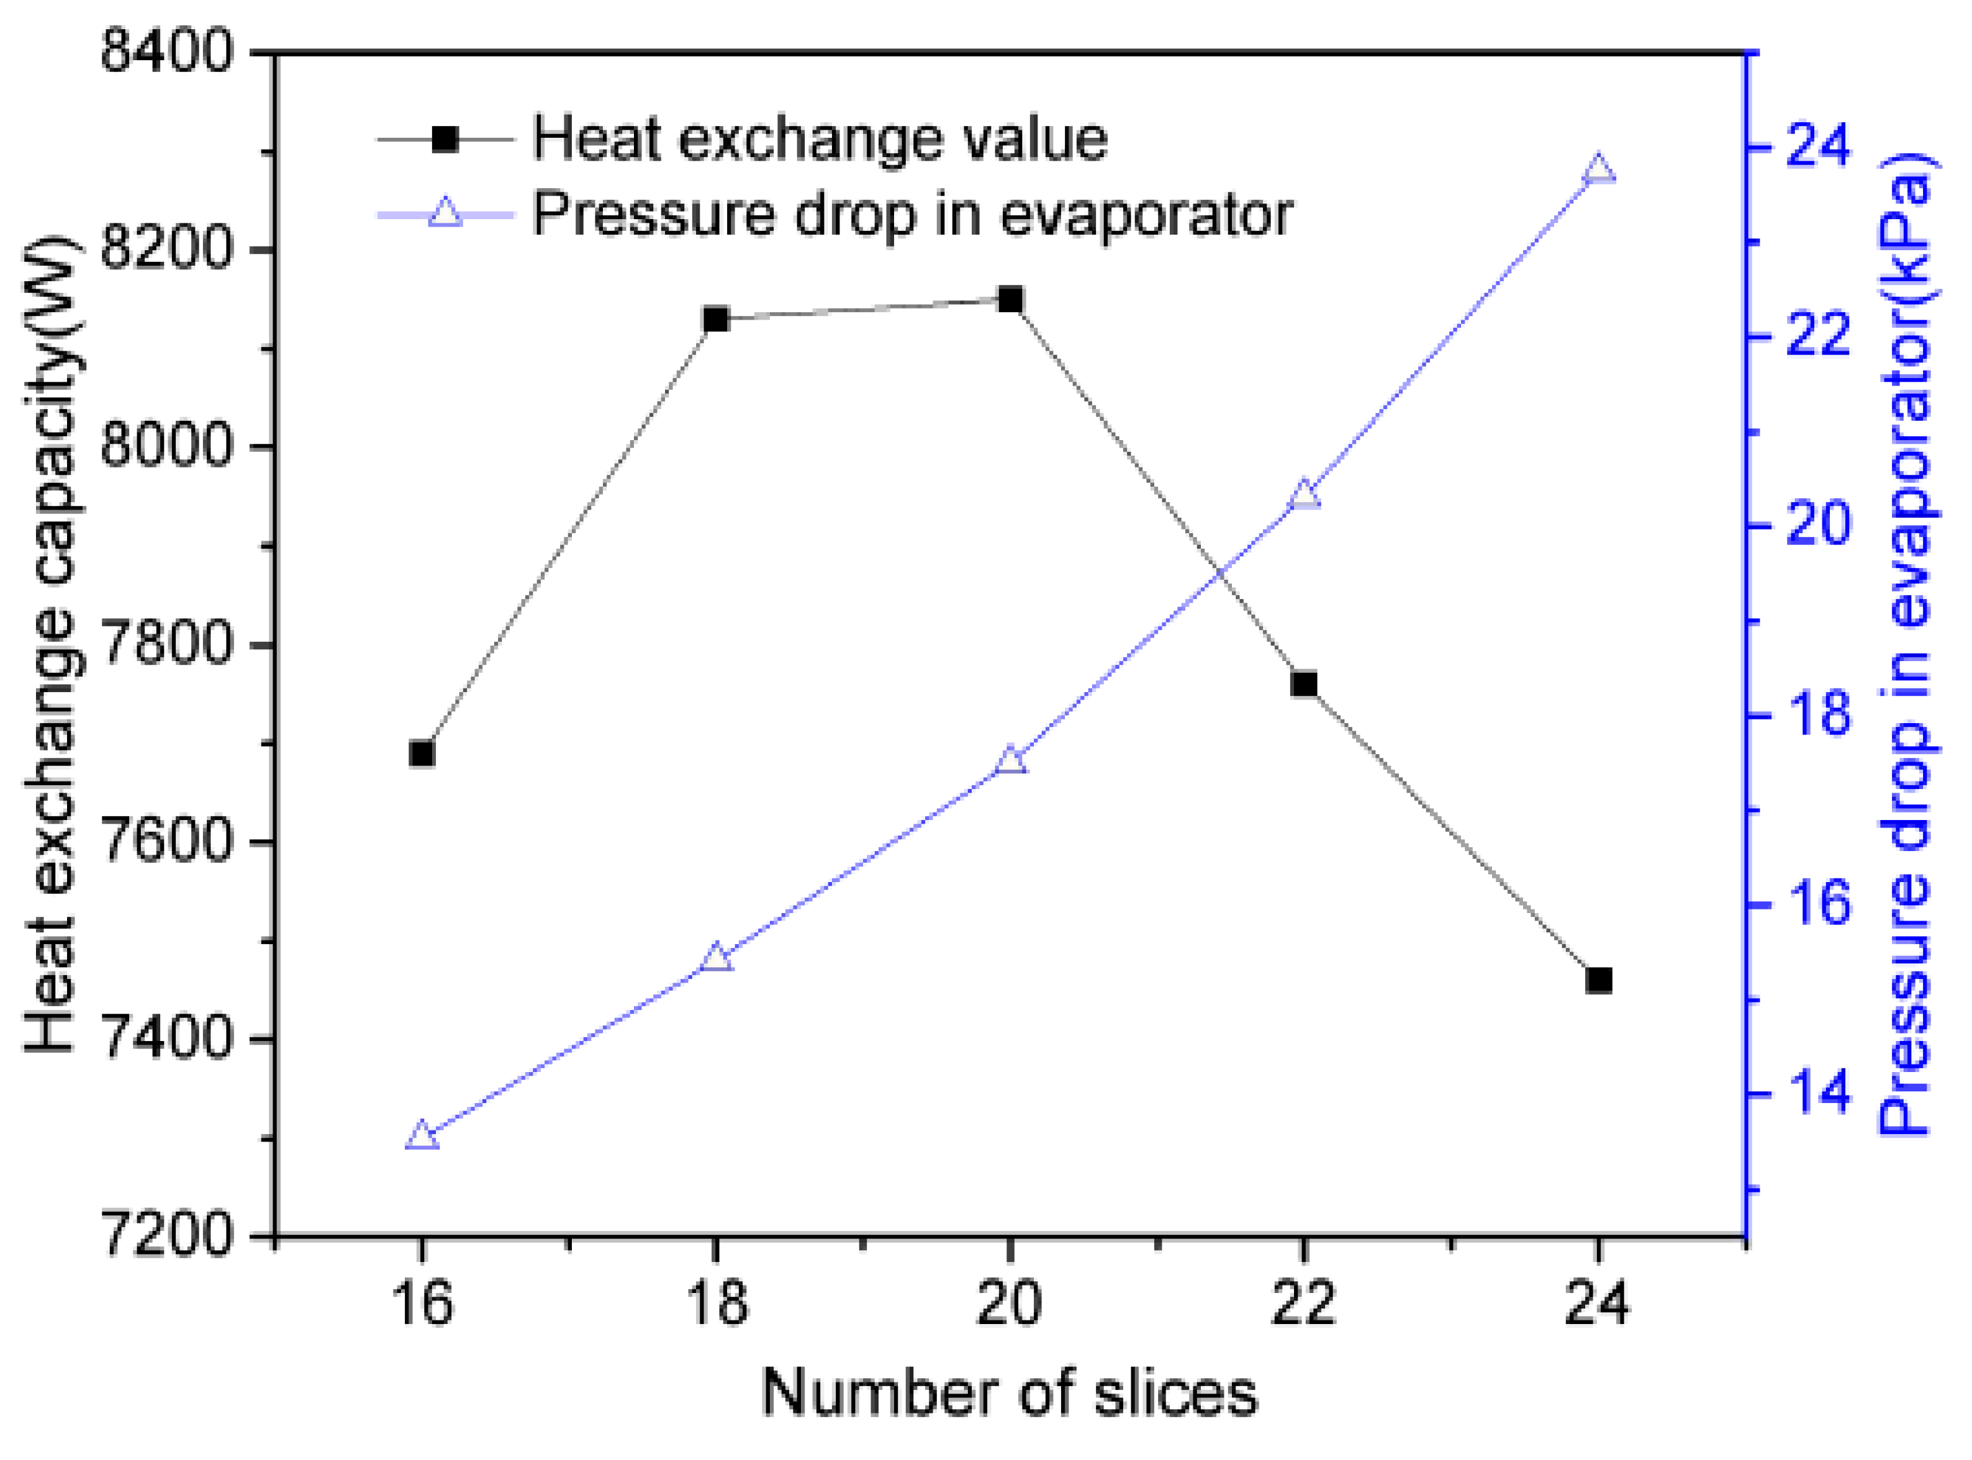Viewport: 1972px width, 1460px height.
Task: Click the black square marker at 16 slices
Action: (x=422, y=754)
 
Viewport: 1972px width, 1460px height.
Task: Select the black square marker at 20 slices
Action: (x=1010, y=300)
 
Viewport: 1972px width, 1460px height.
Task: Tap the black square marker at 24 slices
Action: (x=1599, y=980)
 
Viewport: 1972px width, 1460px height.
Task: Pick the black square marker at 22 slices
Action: (x=1304, y=684)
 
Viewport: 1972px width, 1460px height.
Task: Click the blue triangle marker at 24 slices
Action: (x=1599, y=169)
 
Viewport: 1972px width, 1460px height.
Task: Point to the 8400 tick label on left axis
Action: (x=166, y=53)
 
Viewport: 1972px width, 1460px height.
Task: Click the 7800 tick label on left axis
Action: (x=166, y=645)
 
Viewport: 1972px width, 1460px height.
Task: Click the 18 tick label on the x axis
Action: (x=716, y=1304)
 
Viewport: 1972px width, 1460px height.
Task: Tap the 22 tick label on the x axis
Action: (x=1304, y=1304)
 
